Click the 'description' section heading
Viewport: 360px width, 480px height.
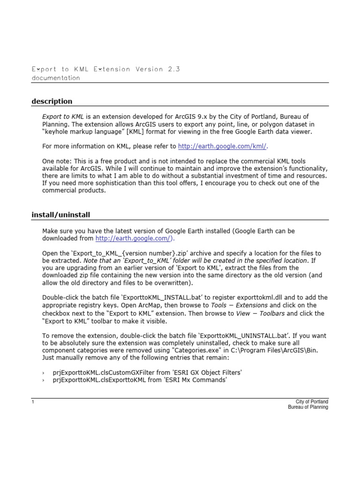52,101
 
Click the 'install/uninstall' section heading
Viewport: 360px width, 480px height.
60,215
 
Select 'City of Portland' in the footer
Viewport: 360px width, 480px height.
312,402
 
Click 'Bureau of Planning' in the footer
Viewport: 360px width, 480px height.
308,407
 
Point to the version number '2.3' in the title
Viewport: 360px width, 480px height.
173,69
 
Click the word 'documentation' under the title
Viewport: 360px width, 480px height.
55,78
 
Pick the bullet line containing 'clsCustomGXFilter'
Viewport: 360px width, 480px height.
142,372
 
